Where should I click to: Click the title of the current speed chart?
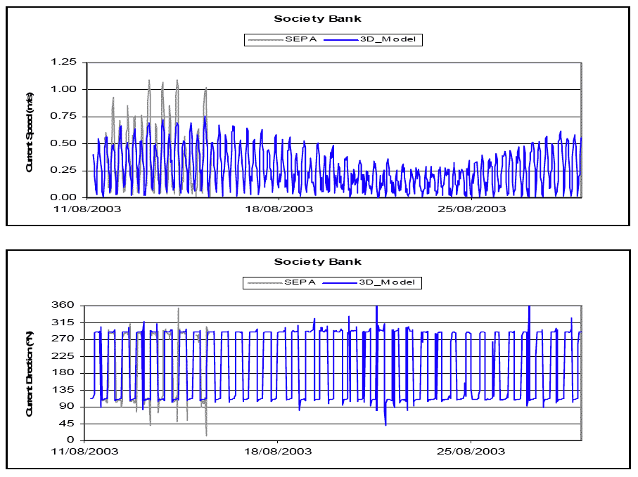coord(318,19)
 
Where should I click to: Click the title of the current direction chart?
coord(318,262)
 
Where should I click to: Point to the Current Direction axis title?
coord(30,373)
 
